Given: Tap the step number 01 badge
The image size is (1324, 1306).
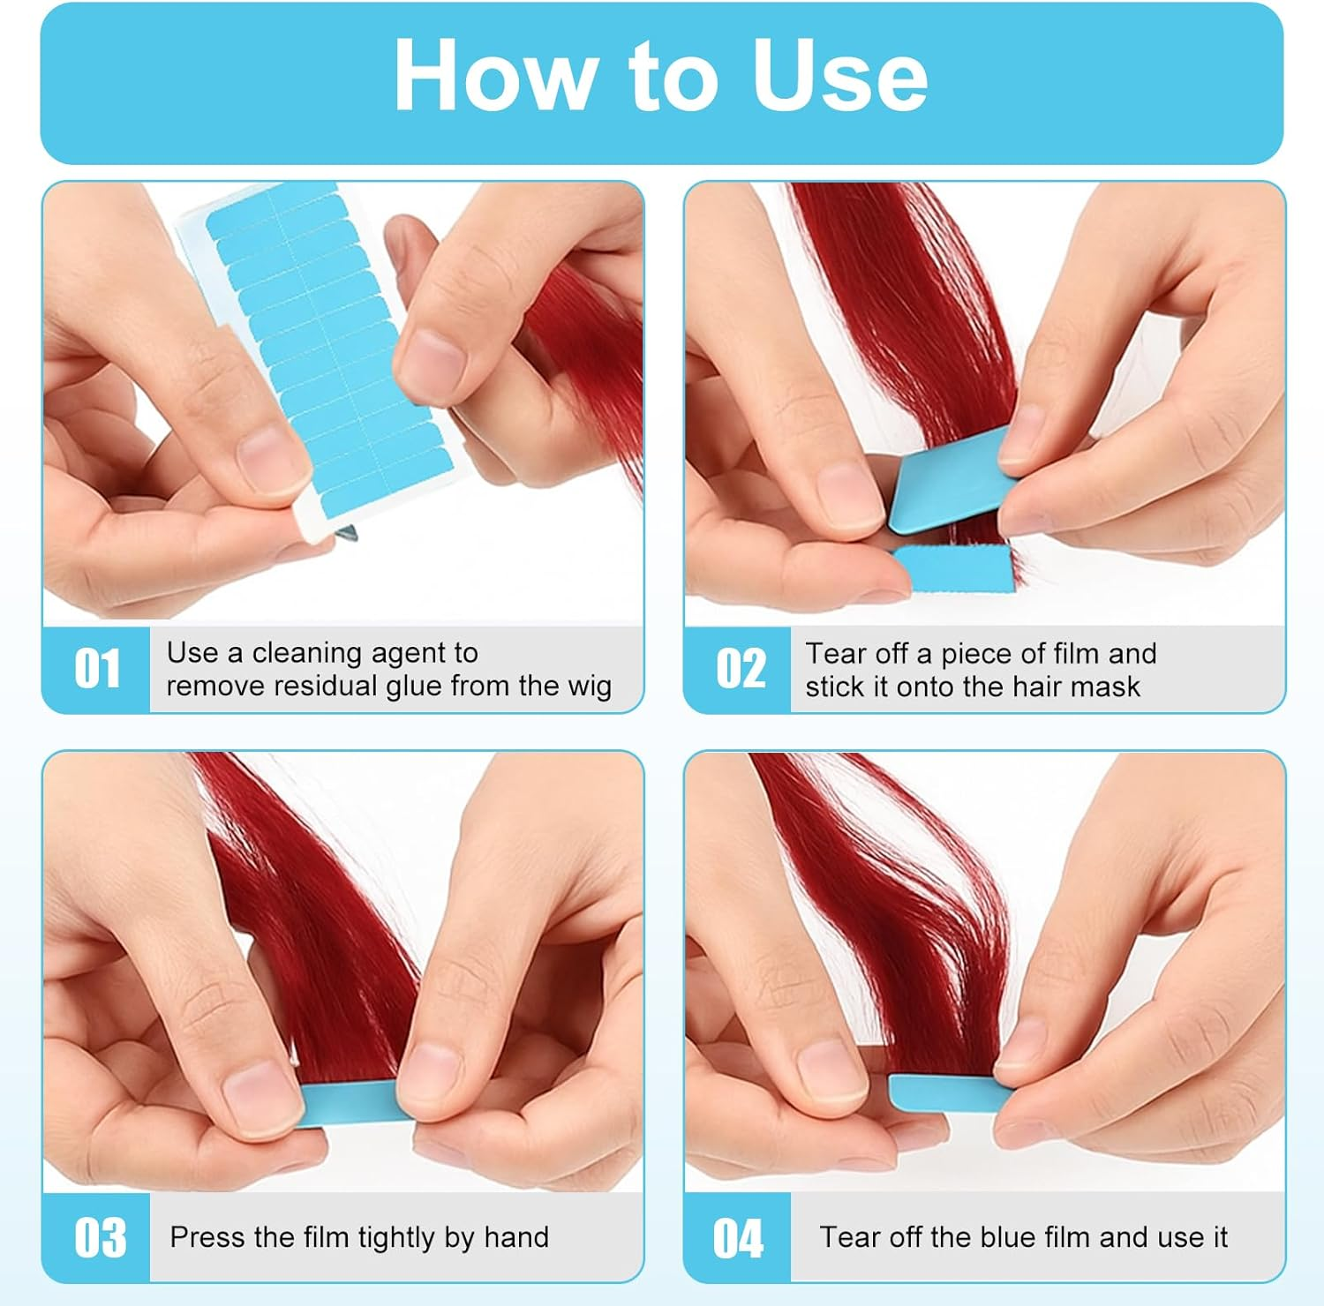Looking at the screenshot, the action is (97, 669).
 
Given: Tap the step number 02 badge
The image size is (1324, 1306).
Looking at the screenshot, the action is (740, 669).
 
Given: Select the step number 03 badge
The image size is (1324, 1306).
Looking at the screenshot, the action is (99, 1237).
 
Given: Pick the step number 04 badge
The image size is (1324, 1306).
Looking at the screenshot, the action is (738, 1237).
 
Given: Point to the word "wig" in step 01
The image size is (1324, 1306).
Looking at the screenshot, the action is (591, 687).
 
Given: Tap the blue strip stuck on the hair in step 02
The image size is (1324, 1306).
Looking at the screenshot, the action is (953, 564).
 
